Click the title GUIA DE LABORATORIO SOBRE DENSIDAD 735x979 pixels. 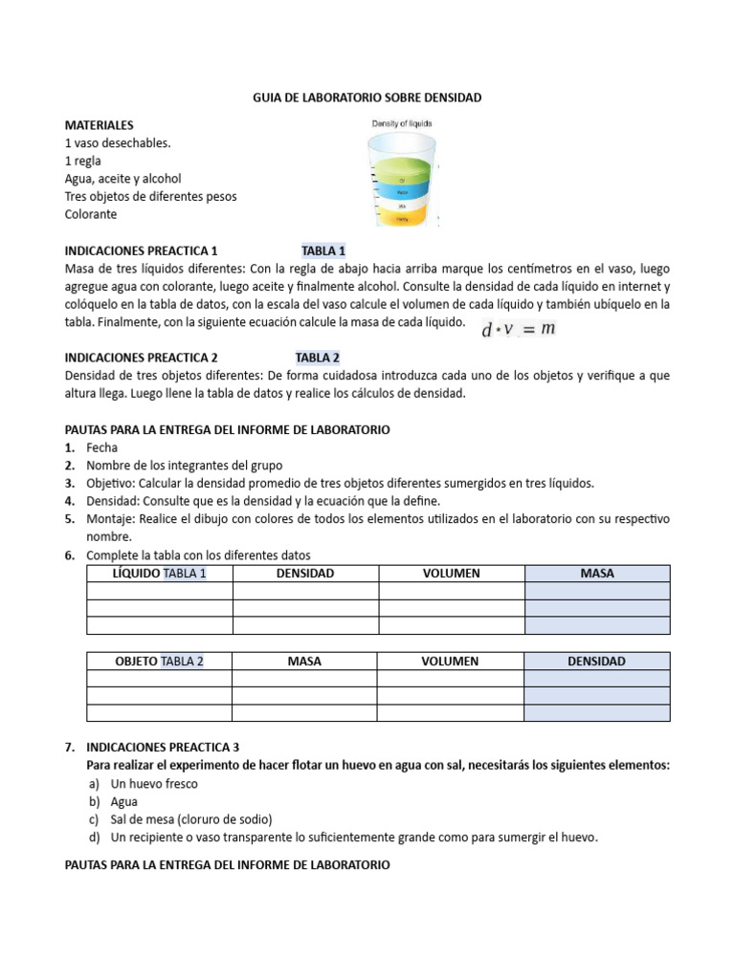(x=367, y=98)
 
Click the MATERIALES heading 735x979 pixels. (x=99, y=125)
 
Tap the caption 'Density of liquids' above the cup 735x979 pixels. (x=402, y=123)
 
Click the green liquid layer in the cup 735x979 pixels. (x=402, y=174)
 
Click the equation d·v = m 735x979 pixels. (x=520, y=329)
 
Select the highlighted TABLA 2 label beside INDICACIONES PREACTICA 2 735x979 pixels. (x=318, y=358)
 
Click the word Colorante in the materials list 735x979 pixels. (x=90, y=214)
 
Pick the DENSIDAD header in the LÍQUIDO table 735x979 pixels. (x=305, y=574)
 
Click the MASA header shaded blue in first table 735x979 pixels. (x=597, y=574)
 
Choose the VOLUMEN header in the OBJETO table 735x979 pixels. (x=451, y=662)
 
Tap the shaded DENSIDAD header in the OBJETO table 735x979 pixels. (x=597, y=662)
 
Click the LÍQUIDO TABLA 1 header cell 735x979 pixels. (x=160, y=574)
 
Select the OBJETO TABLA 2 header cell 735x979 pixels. (x=159, y=662)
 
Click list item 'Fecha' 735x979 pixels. (x=100, y=447)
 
